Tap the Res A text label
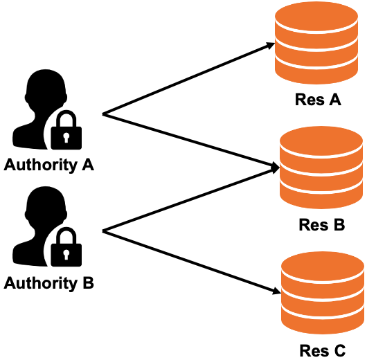click(x=316, y=100)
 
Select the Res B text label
click(x=321, y=225)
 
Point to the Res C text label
click(x=322, y=351)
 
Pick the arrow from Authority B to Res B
click(x=187, y=199)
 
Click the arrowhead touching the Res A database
click(x=269, y=47)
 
